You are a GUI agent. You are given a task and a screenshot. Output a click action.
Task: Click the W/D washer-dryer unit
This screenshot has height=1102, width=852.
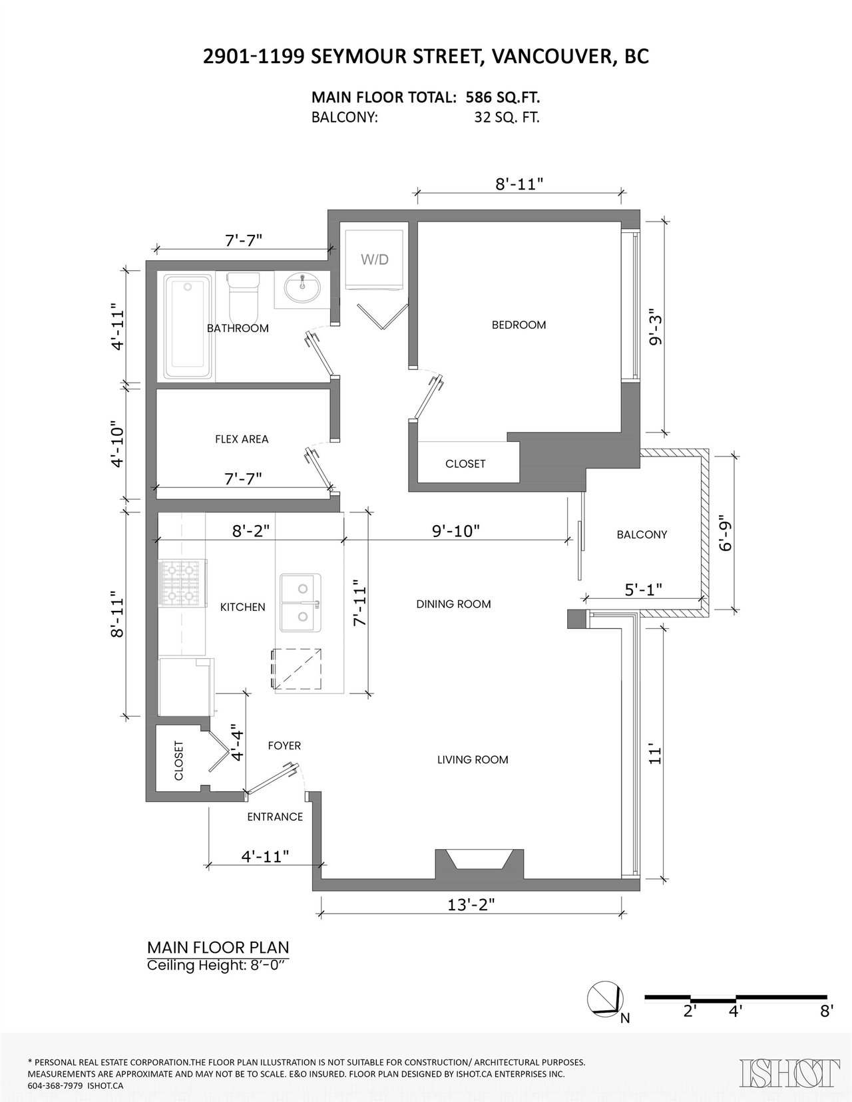[x=374, y=260]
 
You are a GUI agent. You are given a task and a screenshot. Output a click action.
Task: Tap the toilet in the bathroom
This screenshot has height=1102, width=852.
[x=244, y=296]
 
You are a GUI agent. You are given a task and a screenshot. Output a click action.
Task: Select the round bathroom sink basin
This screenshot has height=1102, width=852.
[x=302, y=289]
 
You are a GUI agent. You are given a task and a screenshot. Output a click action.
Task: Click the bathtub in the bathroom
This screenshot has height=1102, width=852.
[x=188, y=327]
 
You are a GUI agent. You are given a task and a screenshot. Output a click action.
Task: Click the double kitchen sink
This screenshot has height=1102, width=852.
[x=301, y=603]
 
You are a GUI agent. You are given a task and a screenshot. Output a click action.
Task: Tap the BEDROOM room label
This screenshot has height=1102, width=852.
[x=519, y=325]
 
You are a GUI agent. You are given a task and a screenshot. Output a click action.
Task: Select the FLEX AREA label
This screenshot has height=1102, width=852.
[x=242, y=439]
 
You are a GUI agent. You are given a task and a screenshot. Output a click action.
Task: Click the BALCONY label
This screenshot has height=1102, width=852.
[x=642, y=534]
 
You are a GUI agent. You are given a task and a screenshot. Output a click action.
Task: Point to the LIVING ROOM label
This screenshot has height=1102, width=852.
[x=473, y=760]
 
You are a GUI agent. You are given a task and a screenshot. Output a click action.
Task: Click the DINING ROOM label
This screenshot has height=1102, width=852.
[x=453, y=604]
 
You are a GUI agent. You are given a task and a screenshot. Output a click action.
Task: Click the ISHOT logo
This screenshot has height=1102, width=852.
[x=787, y=1073]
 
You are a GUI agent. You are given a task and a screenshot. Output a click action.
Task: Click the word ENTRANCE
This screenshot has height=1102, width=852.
[x=275, y=817]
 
